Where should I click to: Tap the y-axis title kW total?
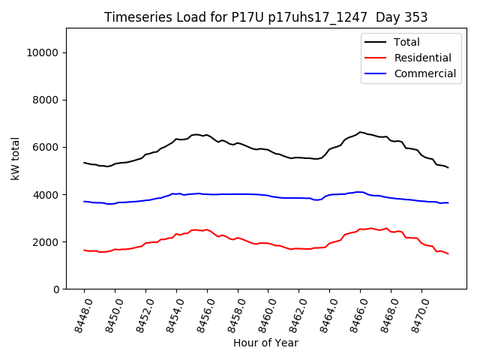[x=15, y=159]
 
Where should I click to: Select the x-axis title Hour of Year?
[x=265, y=343]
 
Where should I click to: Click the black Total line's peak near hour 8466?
[x=361, y=132]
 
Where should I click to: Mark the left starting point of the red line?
[x=84, y=250]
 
